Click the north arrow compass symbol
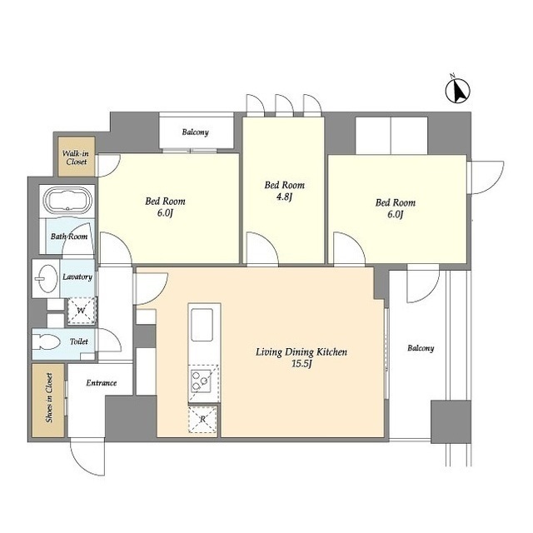point(458,90)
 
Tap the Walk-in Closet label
point(76,157)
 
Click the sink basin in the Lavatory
point(47,278)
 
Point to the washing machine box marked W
point(82,311)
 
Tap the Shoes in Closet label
point(49,398)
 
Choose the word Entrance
point(102,383)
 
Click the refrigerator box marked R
point(202,420)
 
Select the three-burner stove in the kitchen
point(201,381)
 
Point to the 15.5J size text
point(301,364)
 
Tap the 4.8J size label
point(284,197)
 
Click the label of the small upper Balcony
point(195,132)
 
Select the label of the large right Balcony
point(421,348)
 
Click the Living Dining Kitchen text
point(301,351)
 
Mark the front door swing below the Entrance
point(87,457)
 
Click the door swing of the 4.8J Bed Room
point(262,248)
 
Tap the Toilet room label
point(79,341)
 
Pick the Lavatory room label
point(77,277)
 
